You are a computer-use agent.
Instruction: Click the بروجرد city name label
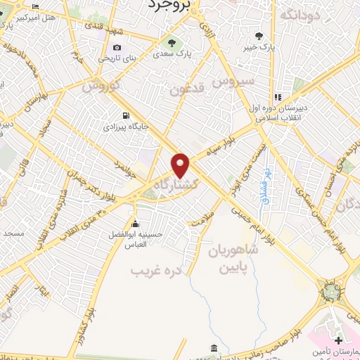pos(169,6)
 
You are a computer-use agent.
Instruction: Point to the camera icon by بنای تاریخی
pos(117,48)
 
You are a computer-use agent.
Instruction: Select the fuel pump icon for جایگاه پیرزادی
pos(125,116)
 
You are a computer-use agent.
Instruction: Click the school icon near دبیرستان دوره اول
pos(278,96)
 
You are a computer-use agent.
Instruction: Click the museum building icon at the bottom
pos(213,348)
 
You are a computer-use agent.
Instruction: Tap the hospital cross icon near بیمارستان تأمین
pos(340,341)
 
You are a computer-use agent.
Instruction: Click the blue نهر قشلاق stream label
pos(268,182)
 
